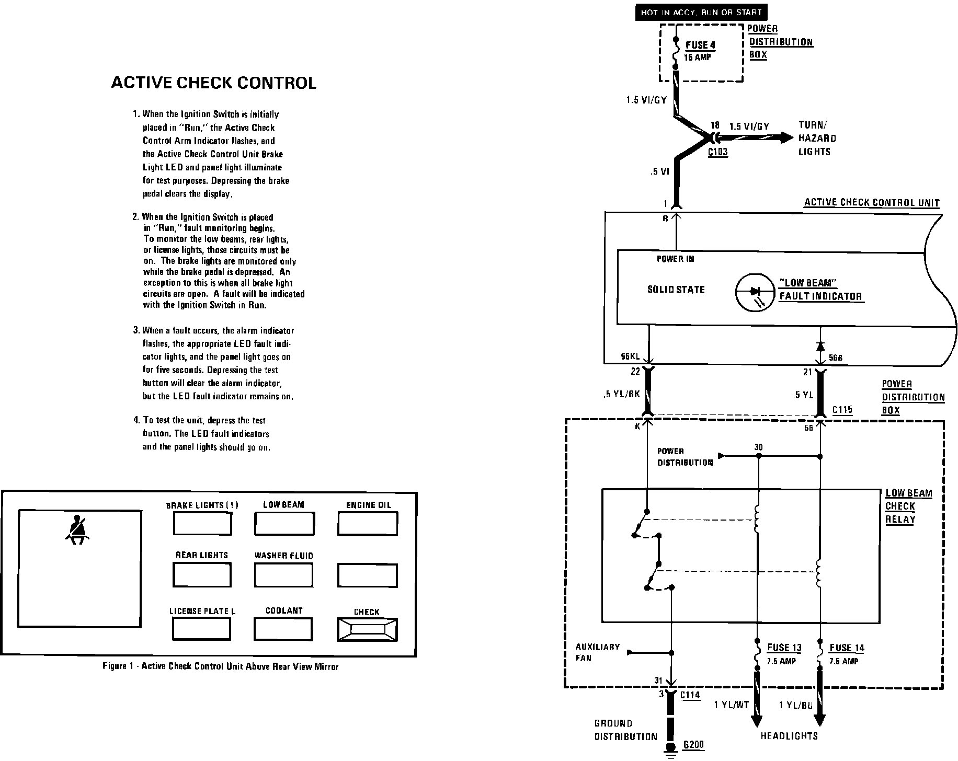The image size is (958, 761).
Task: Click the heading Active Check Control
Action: click(x=214, y=83)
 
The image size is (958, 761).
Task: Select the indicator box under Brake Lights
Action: click(x=202, y=523)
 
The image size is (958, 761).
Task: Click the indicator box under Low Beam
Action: click(x=284, y=523)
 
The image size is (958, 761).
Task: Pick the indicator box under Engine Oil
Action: click(x=368, y=523)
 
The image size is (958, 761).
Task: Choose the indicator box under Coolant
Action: click(x=283, y=629)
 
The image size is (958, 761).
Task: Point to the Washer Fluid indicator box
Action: click(x=283, y=575)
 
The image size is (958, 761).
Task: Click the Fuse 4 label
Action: click(x=700, y=45)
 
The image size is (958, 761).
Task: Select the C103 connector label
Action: click(x=717, y=153)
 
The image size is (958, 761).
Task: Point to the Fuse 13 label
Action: click(x=784, y=648)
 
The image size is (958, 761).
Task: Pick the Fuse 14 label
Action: click(x=847, y=648)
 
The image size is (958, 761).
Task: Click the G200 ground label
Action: click(x=693, y=744)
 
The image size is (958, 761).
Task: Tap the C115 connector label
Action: click(x=842, y=410)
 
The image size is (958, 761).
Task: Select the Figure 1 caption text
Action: click(x=220, y=666)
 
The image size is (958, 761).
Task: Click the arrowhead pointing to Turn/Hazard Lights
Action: click(x=786, y=137)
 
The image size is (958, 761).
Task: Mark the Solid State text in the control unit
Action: click(x=676, y=290)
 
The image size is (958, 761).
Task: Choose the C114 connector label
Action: click(x=690, y=695)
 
